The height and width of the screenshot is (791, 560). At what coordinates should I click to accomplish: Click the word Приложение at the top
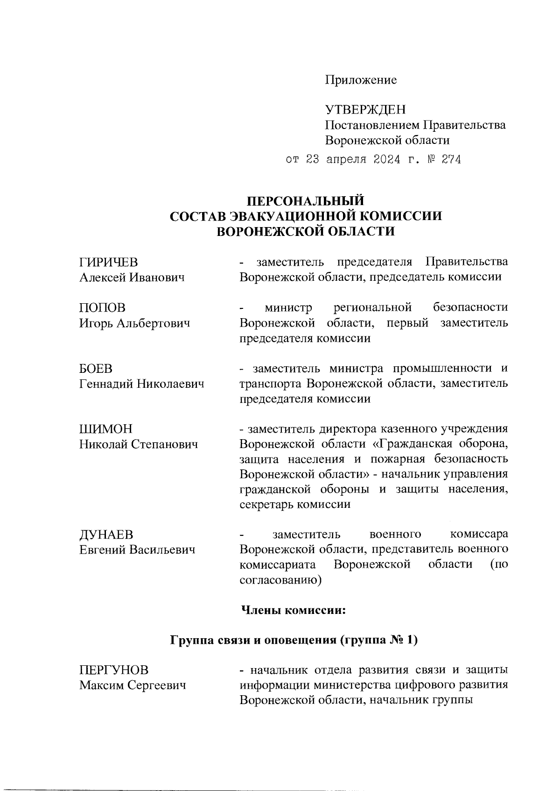point(361,80)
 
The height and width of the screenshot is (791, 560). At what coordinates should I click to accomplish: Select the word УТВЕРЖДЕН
point(365,110)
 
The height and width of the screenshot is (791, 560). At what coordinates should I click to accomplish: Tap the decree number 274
point(450,160)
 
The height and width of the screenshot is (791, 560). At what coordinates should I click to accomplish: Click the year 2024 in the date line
point(387,160)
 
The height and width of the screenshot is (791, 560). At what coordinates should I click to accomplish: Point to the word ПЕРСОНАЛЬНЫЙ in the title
point(305,201)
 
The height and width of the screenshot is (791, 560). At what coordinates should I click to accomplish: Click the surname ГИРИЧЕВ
point(109,262)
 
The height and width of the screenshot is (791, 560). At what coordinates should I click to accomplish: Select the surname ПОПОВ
point(102,308)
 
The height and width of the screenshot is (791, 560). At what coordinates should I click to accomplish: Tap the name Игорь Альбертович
point(134,323)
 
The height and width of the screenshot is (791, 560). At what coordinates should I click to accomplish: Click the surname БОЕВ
point(96,369)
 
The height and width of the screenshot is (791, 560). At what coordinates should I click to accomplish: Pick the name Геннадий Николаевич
point(142,384)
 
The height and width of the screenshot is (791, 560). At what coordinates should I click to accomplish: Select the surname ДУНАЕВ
point(106,534)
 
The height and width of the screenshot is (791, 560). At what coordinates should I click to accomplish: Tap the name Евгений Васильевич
point(137,550)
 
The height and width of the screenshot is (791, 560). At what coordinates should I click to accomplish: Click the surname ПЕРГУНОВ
point(114,670)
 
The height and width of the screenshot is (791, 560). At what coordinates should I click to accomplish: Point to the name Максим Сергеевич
point(133,685)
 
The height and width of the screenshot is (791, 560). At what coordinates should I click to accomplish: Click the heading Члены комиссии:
point(293,610)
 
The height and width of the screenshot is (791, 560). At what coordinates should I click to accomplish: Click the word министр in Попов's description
point(288,308)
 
